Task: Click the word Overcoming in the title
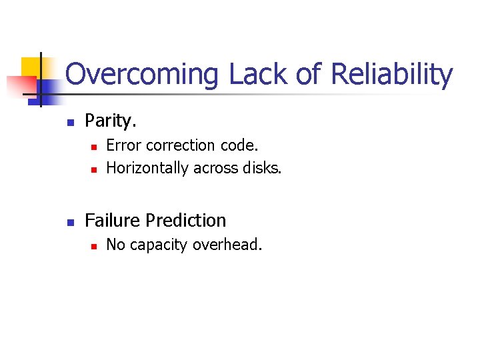click(x=141, y=75)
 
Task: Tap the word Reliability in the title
click(x=391, y=75)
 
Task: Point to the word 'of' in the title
click(x=309, y=75)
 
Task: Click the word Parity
click(x=111, y=121)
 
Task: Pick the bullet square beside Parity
click(x=69, y=122)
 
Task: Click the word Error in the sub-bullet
click(x=123, y=145)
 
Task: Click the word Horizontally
click(x=147, y=168)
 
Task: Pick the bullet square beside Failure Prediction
click(x=69, y=221)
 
